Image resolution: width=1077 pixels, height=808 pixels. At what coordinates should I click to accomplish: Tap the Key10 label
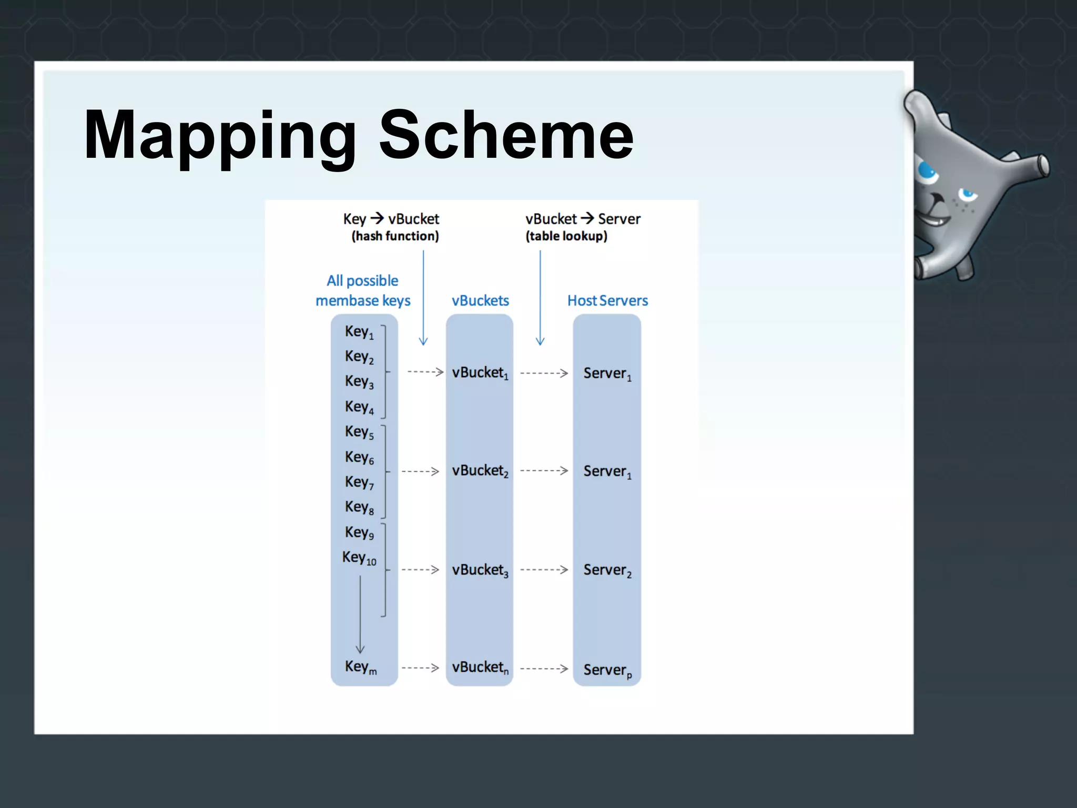coord(359,558)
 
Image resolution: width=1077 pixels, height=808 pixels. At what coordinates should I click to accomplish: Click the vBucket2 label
coord(480,471)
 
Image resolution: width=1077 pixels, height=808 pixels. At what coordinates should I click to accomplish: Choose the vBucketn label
coord(480,668)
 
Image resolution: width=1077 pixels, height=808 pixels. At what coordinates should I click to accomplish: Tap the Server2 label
coord(607,570)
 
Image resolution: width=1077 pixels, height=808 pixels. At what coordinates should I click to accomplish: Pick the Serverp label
coord(607,670)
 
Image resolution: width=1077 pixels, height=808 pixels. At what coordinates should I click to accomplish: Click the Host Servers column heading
coord(607,300)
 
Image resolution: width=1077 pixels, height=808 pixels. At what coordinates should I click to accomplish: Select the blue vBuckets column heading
coord(480,300)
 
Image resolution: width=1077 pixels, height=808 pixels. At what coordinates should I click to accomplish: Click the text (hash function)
coord(395,236)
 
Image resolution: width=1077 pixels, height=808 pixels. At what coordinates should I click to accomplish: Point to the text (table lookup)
coord(566,236)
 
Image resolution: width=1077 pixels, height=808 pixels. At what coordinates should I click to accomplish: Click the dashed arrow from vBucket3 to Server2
coord(544,570)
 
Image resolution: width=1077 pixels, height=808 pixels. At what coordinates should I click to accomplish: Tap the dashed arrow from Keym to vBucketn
coord(420,668)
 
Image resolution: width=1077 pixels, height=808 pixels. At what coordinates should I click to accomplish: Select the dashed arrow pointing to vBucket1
coord(425,372)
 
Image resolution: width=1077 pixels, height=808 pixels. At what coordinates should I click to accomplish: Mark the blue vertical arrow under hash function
coord(423,297)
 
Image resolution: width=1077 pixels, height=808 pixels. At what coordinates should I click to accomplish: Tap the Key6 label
coord(359,457)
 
